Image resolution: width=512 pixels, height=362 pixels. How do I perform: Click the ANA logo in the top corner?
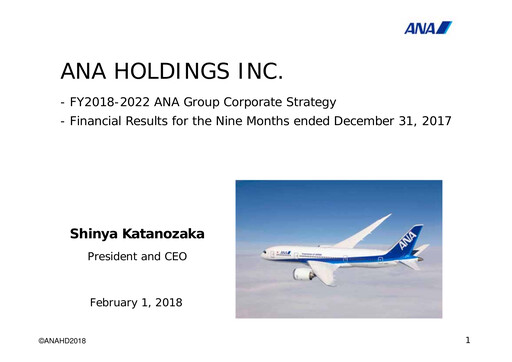coord(427,27)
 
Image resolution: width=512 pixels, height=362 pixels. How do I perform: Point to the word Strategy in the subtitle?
coord(307,102)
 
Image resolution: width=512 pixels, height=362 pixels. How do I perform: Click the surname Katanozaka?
coord(170,234)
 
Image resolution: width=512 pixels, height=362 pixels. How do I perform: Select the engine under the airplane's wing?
coord(303,272)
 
